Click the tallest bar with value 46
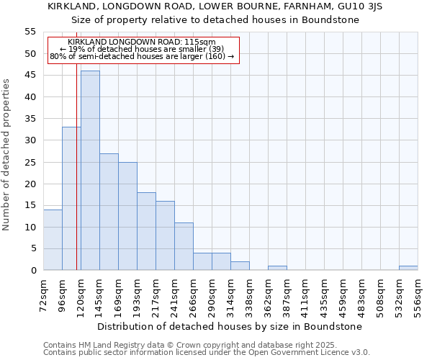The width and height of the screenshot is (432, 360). point(90,171)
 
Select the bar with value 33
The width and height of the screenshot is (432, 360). point(71,199)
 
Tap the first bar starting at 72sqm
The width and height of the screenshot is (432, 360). point(53,240)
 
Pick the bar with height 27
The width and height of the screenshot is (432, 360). point(109,212)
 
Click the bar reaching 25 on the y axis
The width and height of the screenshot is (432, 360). point(127,216)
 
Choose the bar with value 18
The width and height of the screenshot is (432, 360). point(146,231)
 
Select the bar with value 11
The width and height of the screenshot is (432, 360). point(184,246)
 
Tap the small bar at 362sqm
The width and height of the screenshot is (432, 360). point(277,268)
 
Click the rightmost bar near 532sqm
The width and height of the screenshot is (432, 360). point(408,268)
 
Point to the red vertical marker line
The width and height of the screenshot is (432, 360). point(76,158)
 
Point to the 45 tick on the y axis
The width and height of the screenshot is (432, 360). point(30,76)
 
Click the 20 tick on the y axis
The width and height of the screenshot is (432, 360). point(30,184)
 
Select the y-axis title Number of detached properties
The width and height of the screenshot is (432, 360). point(6,154)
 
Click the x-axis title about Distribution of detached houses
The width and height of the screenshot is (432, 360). point(229,326)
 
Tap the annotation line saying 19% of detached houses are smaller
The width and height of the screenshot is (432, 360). point(141,49)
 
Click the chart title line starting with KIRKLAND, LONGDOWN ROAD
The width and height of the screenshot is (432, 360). point(215,6)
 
